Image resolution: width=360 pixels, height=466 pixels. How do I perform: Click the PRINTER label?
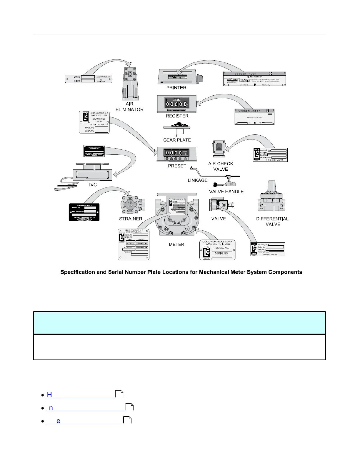(176, 88)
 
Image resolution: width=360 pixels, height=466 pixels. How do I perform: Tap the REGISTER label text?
(177, 116)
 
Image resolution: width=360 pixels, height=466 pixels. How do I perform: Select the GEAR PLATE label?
(177, 140)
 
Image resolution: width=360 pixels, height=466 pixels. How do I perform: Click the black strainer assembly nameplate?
(84, 212)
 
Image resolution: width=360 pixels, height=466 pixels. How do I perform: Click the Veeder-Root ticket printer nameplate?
(254, 79)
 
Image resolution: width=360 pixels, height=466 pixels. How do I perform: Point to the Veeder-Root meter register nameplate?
(254, 117)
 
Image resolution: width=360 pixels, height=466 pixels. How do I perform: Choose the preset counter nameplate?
(94, 122)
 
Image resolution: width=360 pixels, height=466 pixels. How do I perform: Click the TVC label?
(92, 185)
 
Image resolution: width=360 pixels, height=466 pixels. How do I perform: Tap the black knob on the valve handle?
(215, 185)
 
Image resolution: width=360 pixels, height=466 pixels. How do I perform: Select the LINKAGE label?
(198, 180)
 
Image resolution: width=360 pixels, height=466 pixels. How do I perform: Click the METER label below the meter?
(176, 244)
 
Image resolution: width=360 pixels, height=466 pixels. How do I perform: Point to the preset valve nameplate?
(268, 249)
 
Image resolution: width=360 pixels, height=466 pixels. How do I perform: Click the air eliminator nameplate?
(88, 79)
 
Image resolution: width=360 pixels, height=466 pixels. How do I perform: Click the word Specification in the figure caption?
(78, 272)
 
